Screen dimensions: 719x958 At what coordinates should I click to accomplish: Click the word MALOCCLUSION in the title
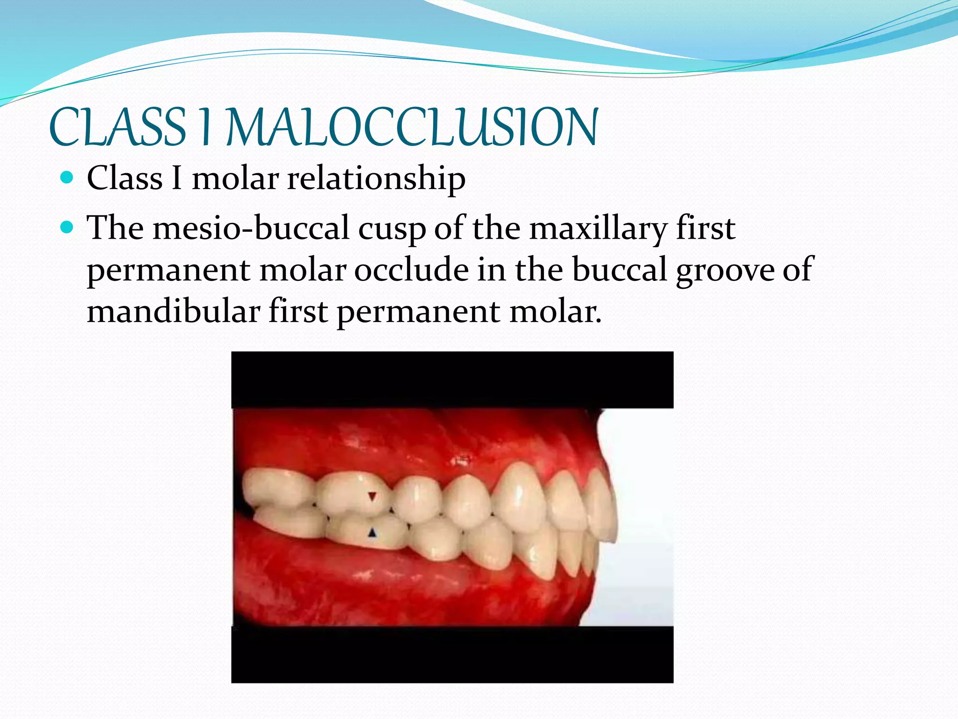412,127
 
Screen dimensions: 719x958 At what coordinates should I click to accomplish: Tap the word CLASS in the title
117,127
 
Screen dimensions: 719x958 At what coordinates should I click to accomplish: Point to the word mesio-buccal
251,228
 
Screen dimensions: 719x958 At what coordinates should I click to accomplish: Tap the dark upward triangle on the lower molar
372,532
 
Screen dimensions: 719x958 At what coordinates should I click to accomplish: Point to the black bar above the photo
452,380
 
